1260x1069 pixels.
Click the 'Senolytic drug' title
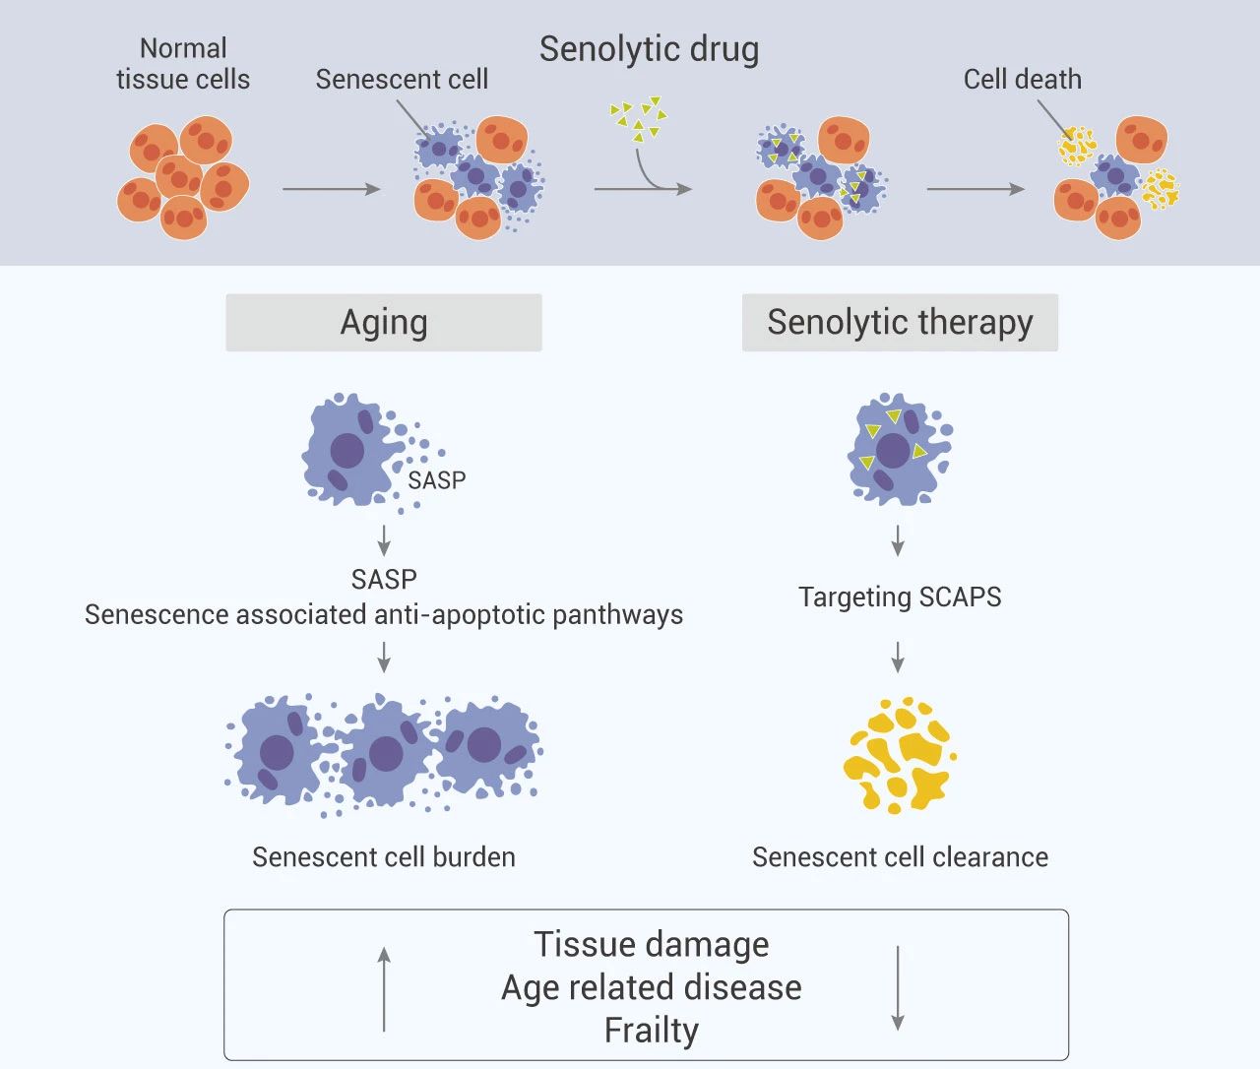pos(649,49)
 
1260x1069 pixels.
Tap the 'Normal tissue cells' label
pos(183,64)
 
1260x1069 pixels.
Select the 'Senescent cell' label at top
pos(402,80)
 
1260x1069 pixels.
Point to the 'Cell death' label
pos(1022,80)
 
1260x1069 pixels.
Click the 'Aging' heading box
pos(384,323)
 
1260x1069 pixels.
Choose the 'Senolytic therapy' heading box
pos(900,323)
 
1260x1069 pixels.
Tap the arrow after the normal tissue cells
pos(331,188)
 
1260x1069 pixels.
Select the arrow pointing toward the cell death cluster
pos(975,188)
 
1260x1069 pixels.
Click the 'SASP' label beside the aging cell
pos(436,480)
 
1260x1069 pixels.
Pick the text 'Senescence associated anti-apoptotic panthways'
pos(384,615)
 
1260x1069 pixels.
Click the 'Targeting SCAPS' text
pos(900,597)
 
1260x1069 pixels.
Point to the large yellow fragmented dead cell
pos(898,754)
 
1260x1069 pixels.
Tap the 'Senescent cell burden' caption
pos(384,857)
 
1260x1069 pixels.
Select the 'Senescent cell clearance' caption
pos(900,857)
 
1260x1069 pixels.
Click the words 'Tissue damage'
pos(651,944)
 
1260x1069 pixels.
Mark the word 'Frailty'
pos(651,1031)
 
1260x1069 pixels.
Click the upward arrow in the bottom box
pos(384,988)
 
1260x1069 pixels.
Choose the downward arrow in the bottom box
pos(898,988)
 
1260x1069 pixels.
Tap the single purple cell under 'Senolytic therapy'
pos(896,450)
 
